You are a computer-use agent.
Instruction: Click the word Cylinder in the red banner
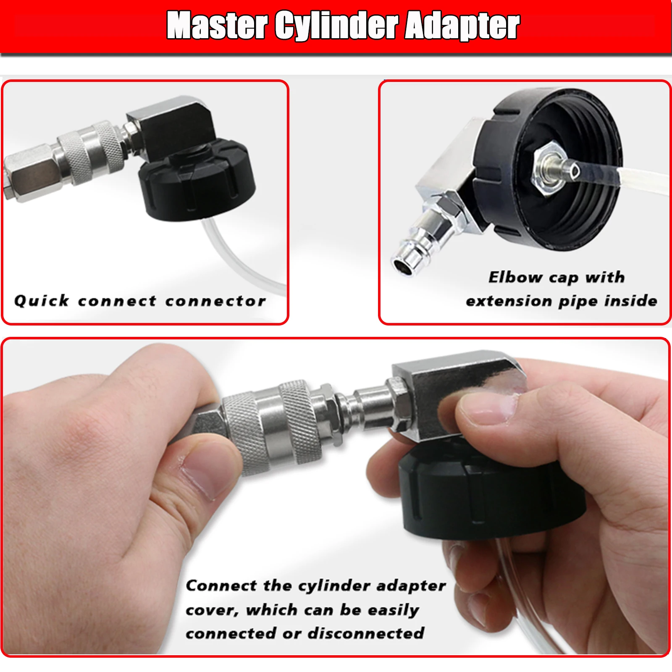(x=336, y=26)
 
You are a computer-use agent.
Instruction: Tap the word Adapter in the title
(x=462, y=26)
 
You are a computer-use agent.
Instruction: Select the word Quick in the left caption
(x=41, y=301)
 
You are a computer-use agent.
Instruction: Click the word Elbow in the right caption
(x=515, y=277)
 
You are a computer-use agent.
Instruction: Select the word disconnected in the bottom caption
(x=366, y=633)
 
